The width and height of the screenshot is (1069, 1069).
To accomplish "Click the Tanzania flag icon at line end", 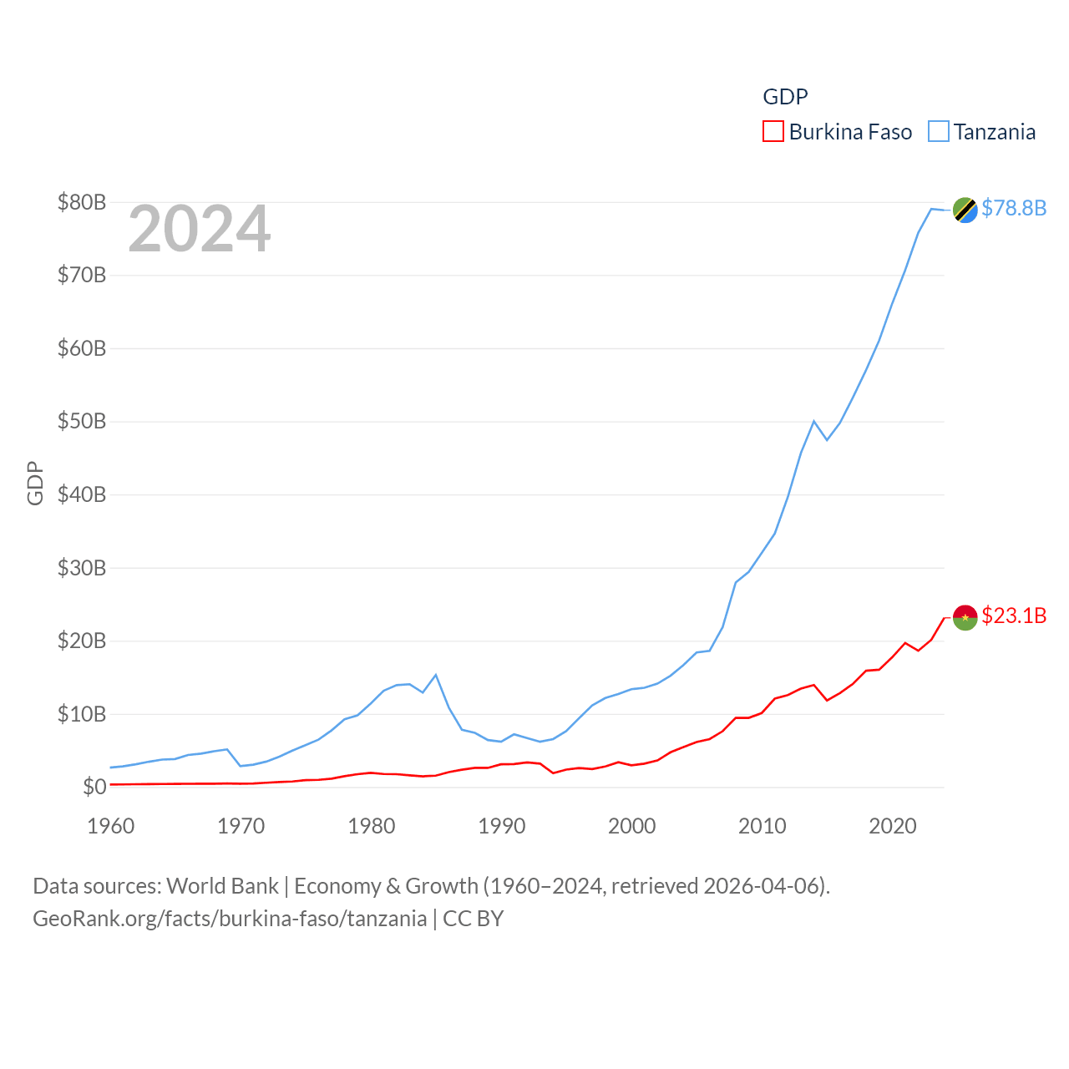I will pyautogui.click(x=965, y=210).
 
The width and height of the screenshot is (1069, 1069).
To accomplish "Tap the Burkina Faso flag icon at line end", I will pyautogui.click(x=965, y=617).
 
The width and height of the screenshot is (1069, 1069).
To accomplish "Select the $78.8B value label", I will pyautogui.click(x=1014, y=208).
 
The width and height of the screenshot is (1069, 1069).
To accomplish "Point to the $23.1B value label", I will pyautogui.click(x=1014, y=616).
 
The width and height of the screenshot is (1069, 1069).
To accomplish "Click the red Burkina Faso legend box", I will pyautogui.click(x=773, y=132).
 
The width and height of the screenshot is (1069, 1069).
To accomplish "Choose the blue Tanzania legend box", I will pyautogui.click(x=939, y=132).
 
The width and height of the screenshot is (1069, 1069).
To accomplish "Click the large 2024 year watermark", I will pyautogui.click(x=200, y=229).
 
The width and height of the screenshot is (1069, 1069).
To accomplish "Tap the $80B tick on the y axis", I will pyautogui.click(x=82, y=202).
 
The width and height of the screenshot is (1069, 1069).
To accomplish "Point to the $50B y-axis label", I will pyautogui.click(x=82, y=421).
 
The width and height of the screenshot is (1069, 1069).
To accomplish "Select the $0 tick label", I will pyautogui.click(x=94, y=787).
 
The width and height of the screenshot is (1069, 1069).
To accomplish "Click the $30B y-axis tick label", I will pyautogui.click(x=82, y=568).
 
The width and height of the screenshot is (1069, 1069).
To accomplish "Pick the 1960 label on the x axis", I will pyautogui.click(x=111, y=826).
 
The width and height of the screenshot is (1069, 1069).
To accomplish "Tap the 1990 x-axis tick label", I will pyautogui.click(x=502, y=826).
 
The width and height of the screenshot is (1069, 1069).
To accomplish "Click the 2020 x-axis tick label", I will pyautogui.click(x=893, y=826).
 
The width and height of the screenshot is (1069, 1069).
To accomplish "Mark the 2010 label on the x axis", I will pyautogui.click(x=762, y=826).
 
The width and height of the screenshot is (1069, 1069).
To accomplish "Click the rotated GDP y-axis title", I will pyautogui.click(x=35, y=483).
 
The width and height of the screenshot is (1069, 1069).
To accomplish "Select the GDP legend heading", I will pyautogui.click(x=785, y=97).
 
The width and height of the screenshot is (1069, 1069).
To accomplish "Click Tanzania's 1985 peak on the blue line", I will pyautogui.click(x=436, y=675).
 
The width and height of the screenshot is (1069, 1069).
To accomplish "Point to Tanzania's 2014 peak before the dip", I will pyautogui.click(x=813, y=421).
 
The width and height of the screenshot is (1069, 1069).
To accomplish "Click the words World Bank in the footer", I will pyautogui.click(x=222, y=885).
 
